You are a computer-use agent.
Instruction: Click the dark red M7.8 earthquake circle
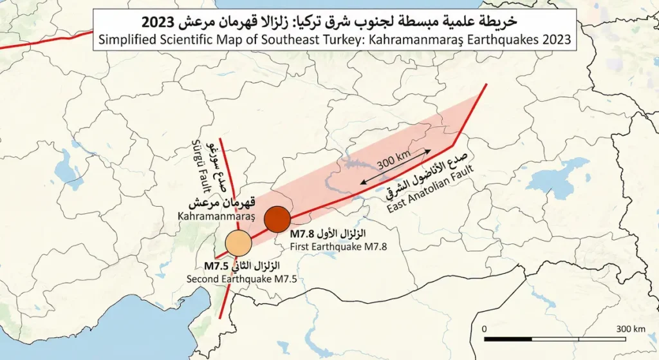tap(278, 219)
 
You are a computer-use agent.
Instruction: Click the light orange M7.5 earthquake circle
tap(238, 243)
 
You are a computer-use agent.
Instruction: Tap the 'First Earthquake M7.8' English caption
tap(338, 245)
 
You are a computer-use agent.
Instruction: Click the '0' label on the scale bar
tap(484, 328)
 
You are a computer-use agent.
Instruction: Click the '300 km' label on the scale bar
tap(630, 328)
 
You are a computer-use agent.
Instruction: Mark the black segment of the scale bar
tap(520, 338)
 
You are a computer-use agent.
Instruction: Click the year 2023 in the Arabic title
tap(159, 21)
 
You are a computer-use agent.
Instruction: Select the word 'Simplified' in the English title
tap(121, 40)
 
